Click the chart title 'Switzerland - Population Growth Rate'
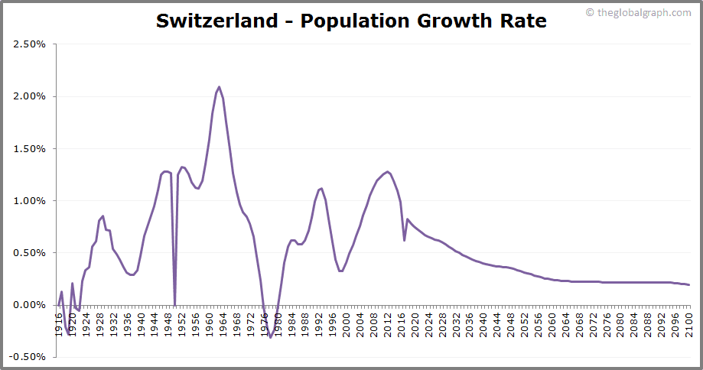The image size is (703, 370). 351,21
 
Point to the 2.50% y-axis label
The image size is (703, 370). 30,44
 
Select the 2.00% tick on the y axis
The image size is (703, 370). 30,96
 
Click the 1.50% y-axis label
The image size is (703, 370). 30,148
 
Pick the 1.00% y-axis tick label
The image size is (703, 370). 30,200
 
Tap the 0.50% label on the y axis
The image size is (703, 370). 30,252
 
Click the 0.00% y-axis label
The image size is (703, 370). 30,304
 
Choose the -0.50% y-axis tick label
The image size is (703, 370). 28,356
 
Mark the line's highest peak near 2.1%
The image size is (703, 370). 220,86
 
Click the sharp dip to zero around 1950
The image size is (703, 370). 175,304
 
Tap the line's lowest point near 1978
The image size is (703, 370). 270,337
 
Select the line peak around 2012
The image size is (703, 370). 388,171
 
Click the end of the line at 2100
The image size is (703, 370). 689,284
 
